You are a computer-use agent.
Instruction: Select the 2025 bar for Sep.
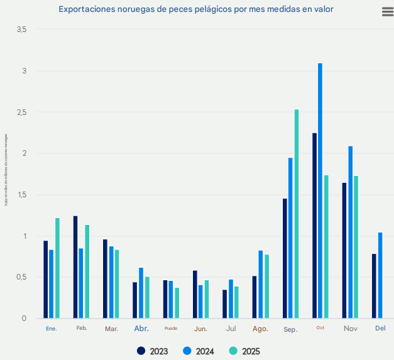(297, 214)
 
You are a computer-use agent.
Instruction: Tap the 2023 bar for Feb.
(75, 267)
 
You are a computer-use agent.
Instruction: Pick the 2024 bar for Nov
(350, 232)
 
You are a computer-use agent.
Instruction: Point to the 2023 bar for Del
(374, 286)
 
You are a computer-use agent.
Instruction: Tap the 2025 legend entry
(245, 351)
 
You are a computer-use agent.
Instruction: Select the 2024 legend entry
(199, 351)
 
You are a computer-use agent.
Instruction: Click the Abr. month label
(141, 328)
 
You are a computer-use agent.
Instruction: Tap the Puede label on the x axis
(171, 328)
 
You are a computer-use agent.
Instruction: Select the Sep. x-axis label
(290, 329)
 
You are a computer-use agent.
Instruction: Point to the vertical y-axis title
(6, 170)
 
